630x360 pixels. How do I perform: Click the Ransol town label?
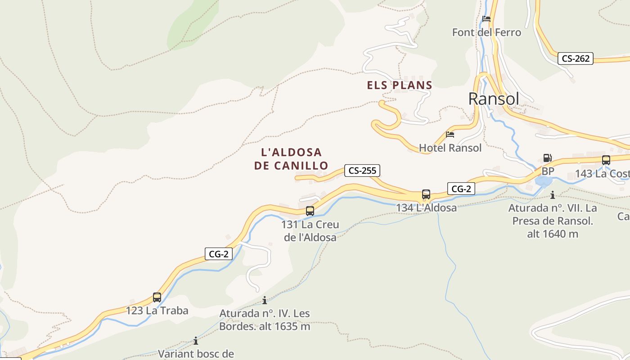click(494, 99)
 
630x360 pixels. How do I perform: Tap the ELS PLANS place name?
click(400, 85)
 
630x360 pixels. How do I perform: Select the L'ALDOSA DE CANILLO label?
click(292, 159)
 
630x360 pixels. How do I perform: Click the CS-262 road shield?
click(576, 58)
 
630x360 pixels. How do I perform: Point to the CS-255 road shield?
click(362, 171)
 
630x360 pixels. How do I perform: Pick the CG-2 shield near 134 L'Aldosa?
click(461, 189)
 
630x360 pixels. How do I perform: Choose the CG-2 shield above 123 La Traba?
click(218, 254)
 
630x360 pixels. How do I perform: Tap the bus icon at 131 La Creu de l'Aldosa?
click(310, 211)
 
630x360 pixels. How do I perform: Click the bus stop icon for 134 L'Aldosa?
click(426, 194)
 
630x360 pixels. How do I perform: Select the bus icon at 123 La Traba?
click(157, 297)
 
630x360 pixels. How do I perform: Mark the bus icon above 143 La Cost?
click(606, 160)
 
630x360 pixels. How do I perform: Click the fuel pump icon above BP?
click(547, 158)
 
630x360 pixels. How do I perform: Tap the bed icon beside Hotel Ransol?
click(450, 134)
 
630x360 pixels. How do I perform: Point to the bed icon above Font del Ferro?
click(486, 19)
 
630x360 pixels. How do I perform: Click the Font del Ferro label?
click(486, 32)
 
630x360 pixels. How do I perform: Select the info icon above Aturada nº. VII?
click(553, 195)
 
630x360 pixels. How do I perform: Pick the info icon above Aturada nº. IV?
click(265, 300)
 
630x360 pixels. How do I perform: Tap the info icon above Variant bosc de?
click(196, 341)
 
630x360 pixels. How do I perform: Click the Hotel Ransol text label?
click(450, 148)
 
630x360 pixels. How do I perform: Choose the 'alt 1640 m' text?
click(553, 234)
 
